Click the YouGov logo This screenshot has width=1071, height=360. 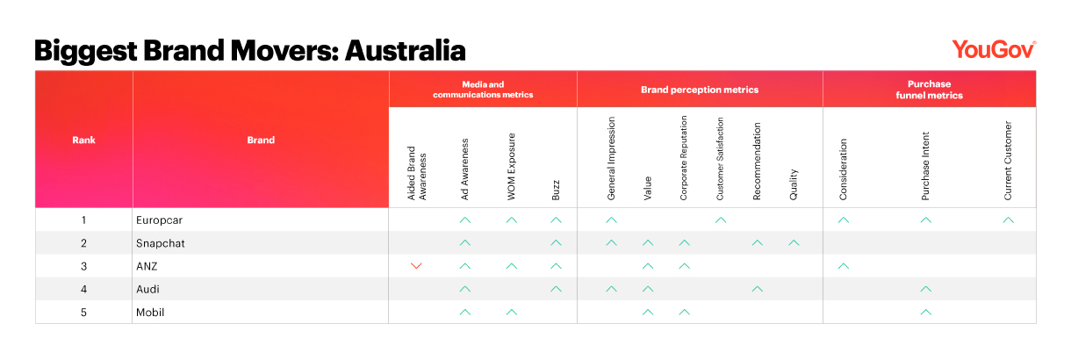(994, 50)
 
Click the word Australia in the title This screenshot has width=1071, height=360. (405, 51)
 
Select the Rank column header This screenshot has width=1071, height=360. (83, 140)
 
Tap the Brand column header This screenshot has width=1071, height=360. (261, 140)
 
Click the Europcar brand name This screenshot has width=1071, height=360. (159, 220)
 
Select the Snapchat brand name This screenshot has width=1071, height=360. (160, 243)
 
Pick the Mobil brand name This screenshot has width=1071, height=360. (150, 313)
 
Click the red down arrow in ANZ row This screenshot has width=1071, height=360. (416, 266)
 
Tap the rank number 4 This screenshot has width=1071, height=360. (83, 289)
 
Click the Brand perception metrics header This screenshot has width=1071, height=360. (700, 90)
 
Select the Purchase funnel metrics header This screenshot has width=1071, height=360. (929, 90)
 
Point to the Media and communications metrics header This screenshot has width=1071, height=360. (483, 90)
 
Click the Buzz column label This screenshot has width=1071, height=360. (556, 191)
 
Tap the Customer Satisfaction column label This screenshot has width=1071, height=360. (720, 159)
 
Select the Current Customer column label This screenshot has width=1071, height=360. (1008, 161)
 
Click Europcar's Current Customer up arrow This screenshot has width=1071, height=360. (1008, 220)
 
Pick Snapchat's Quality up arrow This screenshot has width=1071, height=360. (794, 243)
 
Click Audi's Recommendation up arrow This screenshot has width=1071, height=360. (757, 289)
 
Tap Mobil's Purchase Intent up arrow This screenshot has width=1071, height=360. (925, 312)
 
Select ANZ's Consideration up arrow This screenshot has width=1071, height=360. (844, 266)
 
